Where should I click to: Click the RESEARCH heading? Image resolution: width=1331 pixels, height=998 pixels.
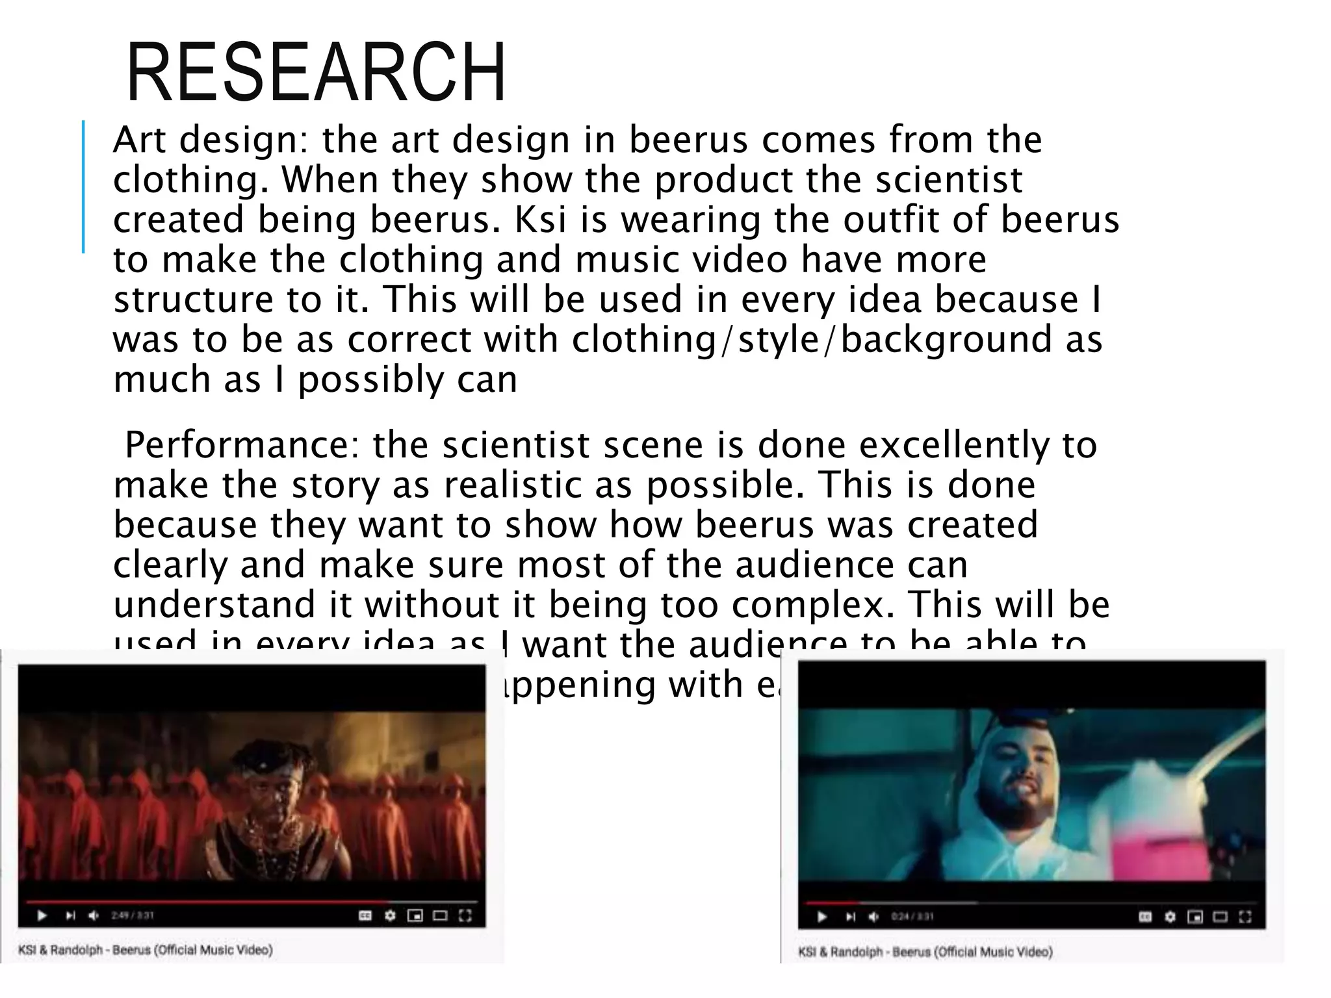click(x=316, y=73)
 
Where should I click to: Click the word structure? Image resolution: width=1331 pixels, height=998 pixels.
click(x=194, y=300)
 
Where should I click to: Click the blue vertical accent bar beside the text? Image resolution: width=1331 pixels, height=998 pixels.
click(x=83, y=186)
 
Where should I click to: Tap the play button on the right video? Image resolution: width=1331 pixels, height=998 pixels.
click(x=822, y=917)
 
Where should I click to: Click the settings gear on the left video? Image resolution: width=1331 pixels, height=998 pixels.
click(x=390, y=915)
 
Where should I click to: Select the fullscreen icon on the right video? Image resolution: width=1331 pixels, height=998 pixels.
click(x=1245, y=917)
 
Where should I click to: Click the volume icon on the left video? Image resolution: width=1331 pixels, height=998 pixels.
click(x=94, y=915)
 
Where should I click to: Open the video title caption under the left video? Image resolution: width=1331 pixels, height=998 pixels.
click(x=146, y=950)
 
